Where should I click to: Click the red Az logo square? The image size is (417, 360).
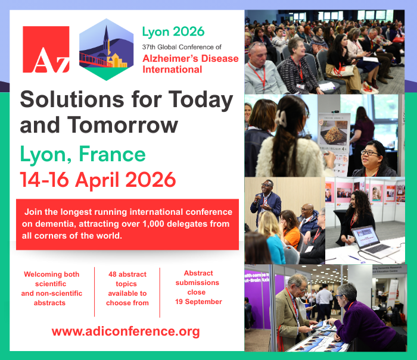click(46, 49)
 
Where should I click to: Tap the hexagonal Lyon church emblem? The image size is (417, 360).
click(107, 49)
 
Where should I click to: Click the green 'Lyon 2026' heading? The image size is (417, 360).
click(173, 32)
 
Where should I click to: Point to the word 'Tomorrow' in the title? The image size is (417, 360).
click(123, 125)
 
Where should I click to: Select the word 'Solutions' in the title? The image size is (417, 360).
click(72, 99)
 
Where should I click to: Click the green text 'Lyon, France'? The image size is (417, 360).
click(83, 154)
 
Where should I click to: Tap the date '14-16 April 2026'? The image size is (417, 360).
click(98, 180)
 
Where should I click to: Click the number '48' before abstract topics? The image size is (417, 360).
click(113, 274)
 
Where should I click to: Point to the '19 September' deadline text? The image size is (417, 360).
click(198, 302)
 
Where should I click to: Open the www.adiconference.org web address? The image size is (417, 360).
click(126, 331)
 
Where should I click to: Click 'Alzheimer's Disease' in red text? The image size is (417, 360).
click(191, 58)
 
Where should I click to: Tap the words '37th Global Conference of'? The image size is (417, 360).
click(182, 47)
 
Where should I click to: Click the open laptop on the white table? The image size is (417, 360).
click(373, 242)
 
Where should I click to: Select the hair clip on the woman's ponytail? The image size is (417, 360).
click(281, 118)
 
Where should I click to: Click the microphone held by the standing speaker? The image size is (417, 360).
click(258, 199)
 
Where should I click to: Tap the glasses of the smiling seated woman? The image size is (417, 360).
click(369, 153)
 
